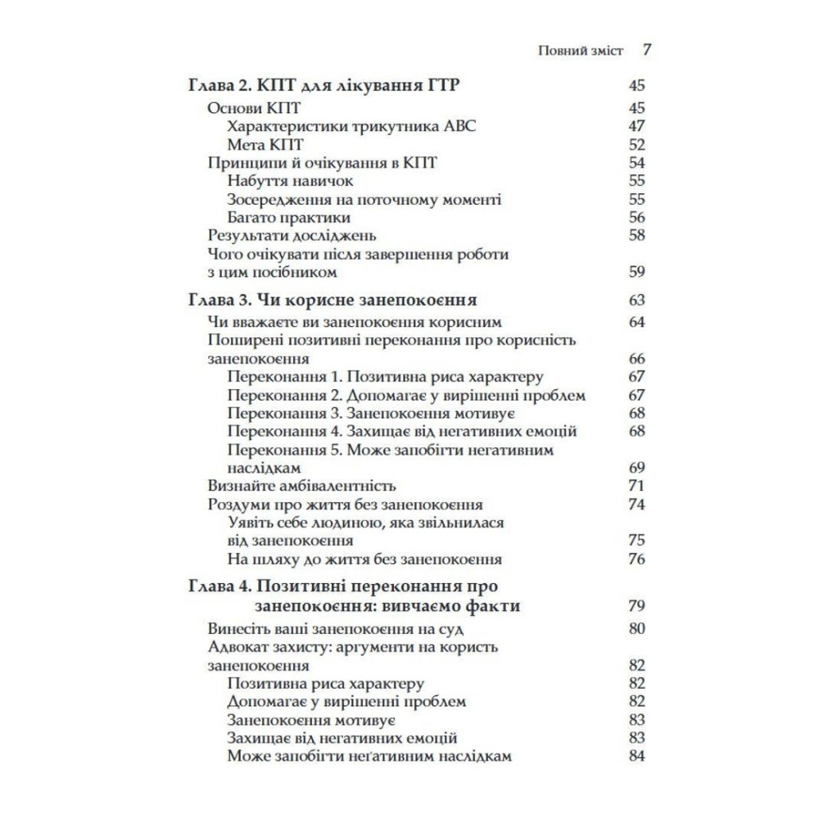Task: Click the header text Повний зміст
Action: tap(581, 50)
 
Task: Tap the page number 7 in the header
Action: tap(646, 50)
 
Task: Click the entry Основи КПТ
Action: tap(244, 108)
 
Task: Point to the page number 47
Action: tap(637, 126)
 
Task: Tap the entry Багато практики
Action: tap(289, 217)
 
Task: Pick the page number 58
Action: tap(637, 235)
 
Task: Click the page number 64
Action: tap(637, 322)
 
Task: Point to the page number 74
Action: tap(637, 505)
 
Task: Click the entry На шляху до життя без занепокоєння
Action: tap(364, 559)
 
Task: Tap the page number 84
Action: tap(637, 756)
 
